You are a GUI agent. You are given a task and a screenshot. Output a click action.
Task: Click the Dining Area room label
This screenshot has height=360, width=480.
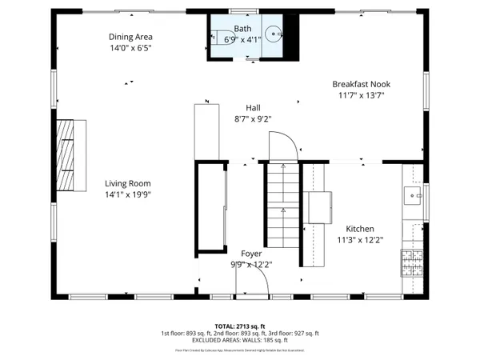click(130, 37)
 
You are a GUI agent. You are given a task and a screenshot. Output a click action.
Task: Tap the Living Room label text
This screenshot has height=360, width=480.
click(128, 183)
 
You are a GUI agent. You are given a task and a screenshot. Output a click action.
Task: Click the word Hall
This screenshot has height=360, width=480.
click(253, 107)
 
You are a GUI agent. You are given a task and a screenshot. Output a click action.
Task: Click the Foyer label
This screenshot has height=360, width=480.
click(251, 254)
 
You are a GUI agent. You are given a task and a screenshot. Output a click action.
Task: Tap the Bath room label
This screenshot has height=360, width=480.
click(242, 28)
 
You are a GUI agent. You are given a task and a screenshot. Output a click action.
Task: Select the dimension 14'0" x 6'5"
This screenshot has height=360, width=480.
click(130, 48)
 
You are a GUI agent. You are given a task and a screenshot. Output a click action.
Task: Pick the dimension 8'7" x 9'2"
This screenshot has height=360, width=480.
click(253, 118)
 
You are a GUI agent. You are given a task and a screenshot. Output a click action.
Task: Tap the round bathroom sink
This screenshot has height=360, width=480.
click(273, 35)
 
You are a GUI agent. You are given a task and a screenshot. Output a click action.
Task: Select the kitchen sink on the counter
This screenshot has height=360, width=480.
click(414, 196)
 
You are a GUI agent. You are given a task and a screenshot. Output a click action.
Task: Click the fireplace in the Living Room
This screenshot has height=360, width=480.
click(71, 155)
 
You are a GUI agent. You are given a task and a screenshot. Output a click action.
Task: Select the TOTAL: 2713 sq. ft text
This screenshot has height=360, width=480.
click(239, 326)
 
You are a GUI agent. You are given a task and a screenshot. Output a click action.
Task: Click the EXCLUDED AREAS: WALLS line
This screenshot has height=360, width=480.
click(239, 340)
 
